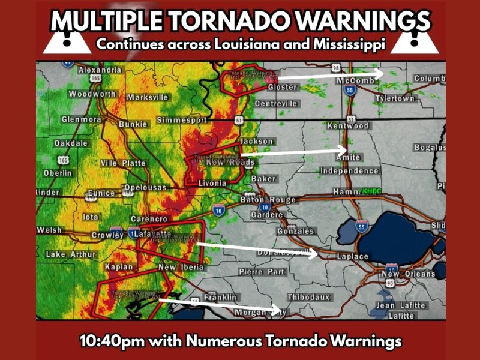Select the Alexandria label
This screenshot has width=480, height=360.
(x=100, y=70)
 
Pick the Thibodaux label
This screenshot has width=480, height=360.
(x=308, y=298)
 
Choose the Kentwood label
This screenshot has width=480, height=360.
(x=347, y=126)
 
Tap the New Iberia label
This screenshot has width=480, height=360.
(x=181, y=267)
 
